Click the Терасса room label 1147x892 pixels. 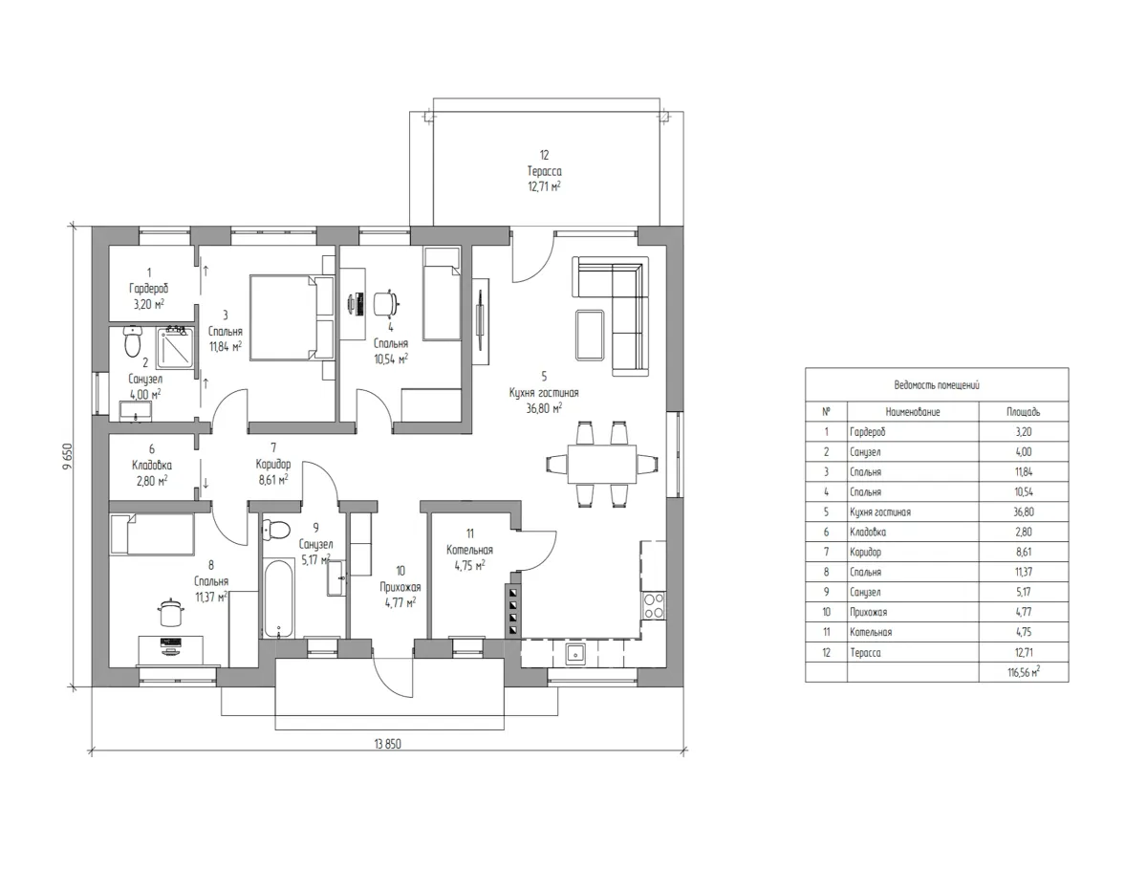544,171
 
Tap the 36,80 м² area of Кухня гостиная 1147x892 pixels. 544,408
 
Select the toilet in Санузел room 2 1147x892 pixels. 133,341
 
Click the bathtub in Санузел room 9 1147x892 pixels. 278,598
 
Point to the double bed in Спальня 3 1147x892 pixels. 292,317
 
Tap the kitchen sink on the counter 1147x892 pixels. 573,654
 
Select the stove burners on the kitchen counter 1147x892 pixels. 654,605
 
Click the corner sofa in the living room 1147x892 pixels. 611,315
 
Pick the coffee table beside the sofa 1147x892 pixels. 590,336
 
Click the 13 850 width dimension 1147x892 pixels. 387,744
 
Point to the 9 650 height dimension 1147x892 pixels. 68,457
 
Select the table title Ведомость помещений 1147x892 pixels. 937,385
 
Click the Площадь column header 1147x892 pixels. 1023,412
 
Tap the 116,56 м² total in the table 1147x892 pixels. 1023,672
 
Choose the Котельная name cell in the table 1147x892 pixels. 871,632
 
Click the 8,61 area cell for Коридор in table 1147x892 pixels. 1023,552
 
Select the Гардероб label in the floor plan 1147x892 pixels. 149,289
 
